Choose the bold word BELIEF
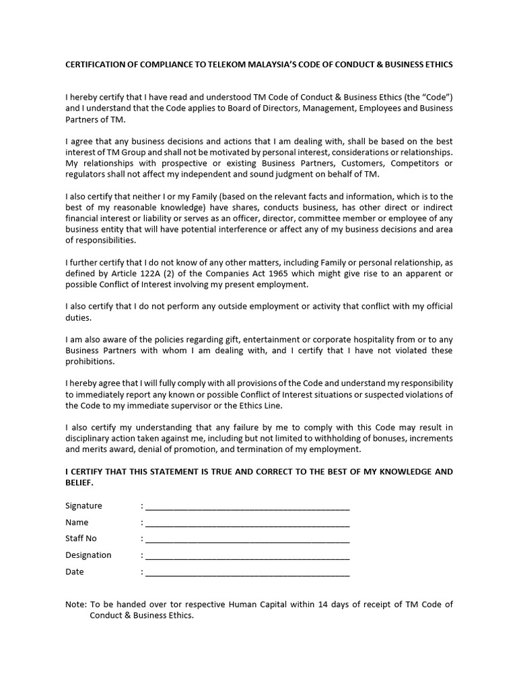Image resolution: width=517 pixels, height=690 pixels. pos(79,482)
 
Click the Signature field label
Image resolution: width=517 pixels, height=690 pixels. pos(83,505)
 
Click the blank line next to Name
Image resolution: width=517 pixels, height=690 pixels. pos(247,523)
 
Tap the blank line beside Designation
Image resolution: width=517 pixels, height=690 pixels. pos(247,556)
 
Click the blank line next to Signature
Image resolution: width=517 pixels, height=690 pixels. pos(247,506)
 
